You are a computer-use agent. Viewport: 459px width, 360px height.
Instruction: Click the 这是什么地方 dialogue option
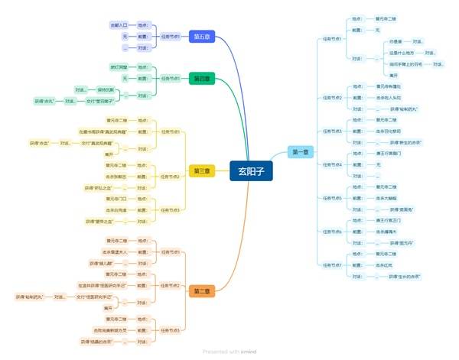click(404, 53)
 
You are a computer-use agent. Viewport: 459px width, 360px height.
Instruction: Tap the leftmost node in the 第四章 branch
click(44, 101)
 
